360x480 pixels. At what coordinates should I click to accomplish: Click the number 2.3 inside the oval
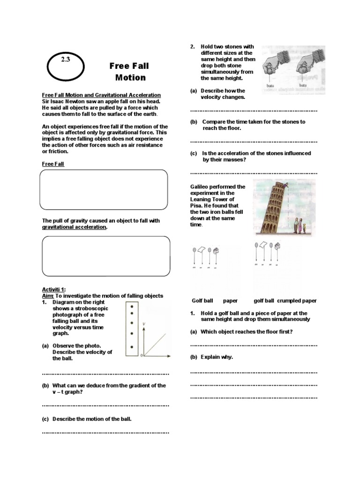point(65,60)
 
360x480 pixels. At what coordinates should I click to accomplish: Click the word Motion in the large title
point(130,78)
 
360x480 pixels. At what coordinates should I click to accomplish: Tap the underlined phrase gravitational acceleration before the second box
point(75,227)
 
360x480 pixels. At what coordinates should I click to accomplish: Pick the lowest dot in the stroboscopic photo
point(133,347)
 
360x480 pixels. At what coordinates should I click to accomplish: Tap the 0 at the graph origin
point(142,357)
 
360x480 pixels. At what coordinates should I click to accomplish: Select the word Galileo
point(200,187)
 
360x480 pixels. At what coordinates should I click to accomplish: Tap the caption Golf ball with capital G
point(202,301)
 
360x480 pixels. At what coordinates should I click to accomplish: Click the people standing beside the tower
point(300,225)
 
